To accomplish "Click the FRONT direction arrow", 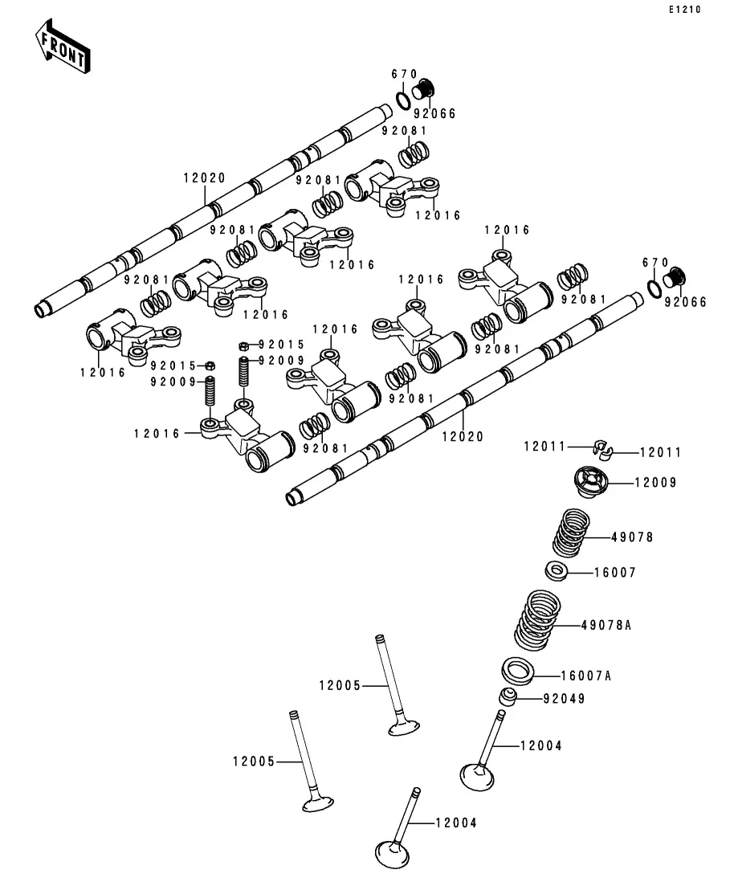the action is click(62, 47).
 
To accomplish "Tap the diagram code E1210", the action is click(685, 10).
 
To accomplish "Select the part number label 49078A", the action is click(606, 625).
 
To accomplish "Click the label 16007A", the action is click(586, 676).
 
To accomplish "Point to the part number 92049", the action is click(564, 699).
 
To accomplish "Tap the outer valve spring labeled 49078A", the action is click(537, 620).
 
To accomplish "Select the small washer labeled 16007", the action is click(557, 570).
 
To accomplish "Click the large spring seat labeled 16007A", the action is click(518, 671).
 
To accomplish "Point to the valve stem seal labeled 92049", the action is click(508, 696).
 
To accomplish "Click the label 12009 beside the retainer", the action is click(655, 483).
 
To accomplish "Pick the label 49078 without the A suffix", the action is click(632, 537).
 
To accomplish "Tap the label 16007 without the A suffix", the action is click(615, 573).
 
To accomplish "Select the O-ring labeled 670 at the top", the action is click(403, 100).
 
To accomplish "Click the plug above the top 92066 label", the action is click(424, 91).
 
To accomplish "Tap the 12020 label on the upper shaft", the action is click(205, 178).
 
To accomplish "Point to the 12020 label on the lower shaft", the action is click(463, 436).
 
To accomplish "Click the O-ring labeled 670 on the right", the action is click(654, 288).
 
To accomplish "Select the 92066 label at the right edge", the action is click(685, 302).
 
